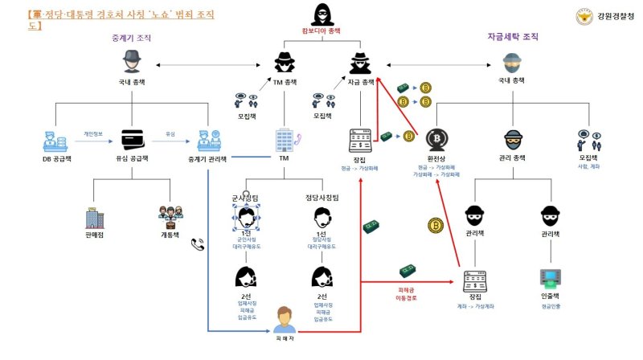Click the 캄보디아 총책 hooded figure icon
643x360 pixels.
point(321,16)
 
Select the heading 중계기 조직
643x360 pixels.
point(131,38)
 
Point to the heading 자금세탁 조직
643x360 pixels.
point(512,37)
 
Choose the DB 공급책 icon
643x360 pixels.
point(56,140)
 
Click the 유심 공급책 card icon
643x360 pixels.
point(131,139)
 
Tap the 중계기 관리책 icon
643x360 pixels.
point(206,139)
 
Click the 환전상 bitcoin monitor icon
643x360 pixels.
point(436,139)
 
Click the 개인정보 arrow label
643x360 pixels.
point(94,133)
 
